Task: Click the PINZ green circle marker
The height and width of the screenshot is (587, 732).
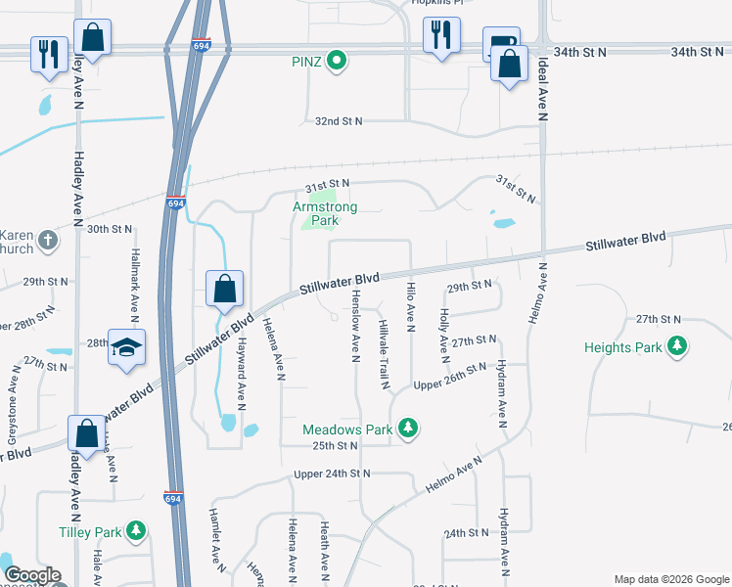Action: [x=337, y=62]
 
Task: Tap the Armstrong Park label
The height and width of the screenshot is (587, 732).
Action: [x=325, y=213]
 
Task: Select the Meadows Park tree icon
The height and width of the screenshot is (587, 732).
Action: [x=409, y=429]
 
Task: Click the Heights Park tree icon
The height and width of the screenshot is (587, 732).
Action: [x=676, y=346]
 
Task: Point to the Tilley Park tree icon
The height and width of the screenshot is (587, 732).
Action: [x=137, y=531]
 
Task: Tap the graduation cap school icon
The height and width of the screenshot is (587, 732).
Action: [x=126, y=347]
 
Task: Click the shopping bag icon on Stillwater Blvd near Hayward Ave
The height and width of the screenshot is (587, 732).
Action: [x=224, y=289]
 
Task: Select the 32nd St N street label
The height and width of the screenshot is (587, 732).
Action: [x=339, y=121]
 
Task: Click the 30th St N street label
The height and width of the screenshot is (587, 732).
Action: [x=109, y=229]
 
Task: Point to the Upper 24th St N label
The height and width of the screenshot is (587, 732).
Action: [x=333, y=474]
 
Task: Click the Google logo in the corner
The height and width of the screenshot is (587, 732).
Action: [x=32, y=575]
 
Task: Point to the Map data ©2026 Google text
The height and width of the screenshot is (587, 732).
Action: [x=670, y=579]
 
